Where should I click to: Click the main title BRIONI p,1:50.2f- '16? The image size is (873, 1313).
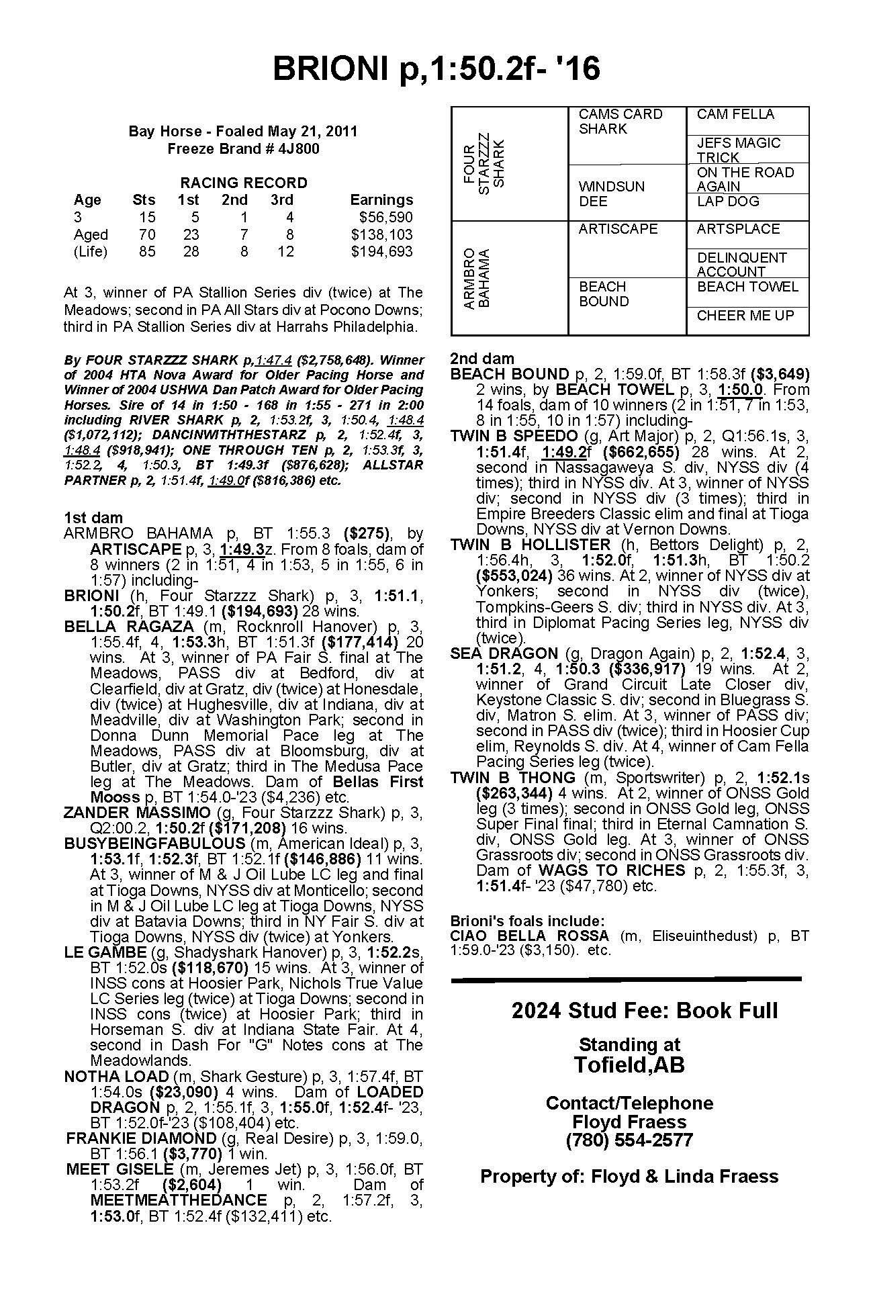point(436,68)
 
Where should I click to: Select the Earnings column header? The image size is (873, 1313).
point(381,200)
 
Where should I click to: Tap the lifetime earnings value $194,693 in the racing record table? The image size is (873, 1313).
point(381,252)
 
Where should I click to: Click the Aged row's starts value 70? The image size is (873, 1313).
point(146,234)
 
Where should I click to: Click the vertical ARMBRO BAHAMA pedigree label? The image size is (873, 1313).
point(476,277)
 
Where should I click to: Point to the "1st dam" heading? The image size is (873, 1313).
point(93,517)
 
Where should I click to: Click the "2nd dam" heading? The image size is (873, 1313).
point(481,359)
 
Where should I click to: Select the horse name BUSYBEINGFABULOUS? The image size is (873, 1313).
point(154,843)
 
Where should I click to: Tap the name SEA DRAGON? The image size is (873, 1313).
point(504,653)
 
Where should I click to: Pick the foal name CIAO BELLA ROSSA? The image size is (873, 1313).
point(530,936)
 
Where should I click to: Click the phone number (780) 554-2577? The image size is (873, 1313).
point(629,1140)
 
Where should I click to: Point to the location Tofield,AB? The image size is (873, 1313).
point(629,1065)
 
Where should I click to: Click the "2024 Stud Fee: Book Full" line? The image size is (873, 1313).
point(644,1011)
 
